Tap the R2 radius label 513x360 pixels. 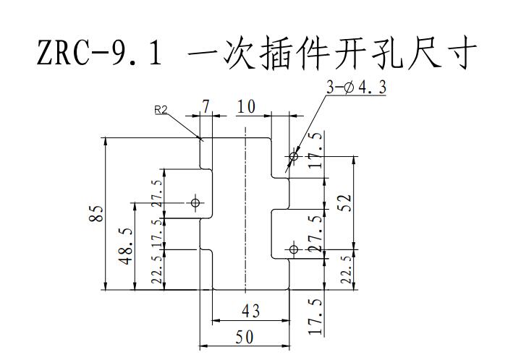click(161, 110)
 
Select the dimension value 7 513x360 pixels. click(205, 106)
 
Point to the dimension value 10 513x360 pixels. click(246, 106)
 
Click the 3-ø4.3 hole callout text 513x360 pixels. click(356, 87)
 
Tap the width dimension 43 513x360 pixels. click(250, 311)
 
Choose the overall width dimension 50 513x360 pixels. click(245, 338)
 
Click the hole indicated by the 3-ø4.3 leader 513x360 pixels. click(294, 156)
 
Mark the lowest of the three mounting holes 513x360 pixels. click(294, 249)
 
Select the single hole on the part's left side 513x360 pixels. click(195, 202)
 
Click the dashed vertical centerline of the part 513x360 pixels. click(245, 210)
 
